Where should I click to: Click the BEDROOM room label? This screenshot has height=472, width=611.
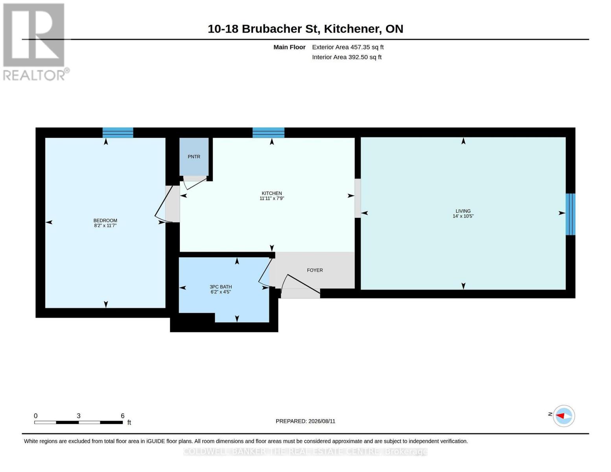coord(105,220)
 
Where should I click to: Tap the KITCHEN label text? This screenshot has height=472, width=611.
coord(271,193)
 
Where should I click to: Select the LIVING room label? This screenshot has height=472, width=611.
coord(463,211)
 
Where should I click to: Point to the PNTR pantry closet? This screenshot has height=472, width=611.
coord(194,157)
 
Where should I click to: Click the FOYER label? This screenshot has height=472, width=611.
coord(315,270)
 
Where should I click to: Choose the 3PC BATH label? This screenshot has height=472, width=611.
coord(220,287)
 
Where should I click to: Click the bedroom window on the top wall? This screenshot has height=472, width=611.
coord(118,133)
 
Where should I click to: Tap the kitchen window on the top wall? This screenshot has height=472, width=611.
coord(268,133)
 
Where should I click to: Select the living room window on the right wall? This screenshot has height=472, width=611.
coord(570,214)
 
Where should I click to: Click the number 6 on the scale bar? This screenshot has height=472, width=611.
coord(123,416)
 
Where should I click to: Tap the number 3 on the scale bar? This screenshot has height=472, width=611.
coord(79,416)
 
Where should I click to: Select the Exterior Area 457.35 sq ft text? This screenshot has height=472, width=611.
coord(348,47)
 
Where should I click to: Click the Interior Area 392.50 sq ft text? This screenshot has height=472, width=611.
coord(347,57)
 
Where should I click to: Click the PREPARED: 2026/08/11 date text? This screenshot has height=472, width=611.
coord(305,421)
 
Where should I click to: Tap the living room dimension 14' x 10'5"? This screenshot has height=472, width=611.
coord(463,216)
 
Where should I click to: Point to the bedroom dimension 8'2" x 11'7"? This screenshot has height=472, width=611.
coord(105,225)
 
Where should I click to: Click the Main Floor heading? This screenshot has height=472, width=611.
coord(289,47)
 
